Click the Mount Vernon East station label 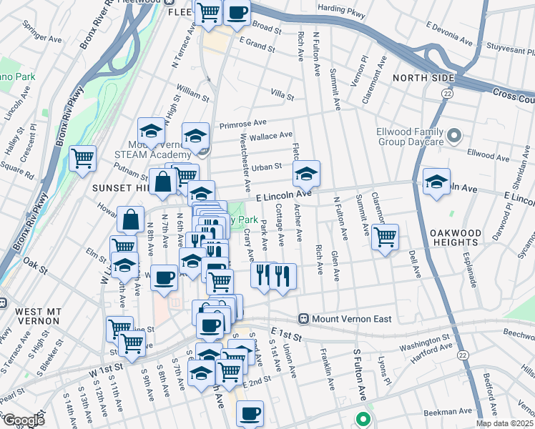(351, 318)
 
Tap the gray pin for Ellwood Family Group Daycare (453, 135)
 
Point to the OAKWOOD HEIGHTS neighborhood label (459, 241)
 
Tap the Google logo (24, 420)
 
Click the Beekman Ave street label (448, 412)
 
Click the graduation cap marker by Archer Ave (306, 174)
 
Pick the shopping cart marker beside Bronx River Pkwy (83, 157)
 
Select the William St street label (192, 92)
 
